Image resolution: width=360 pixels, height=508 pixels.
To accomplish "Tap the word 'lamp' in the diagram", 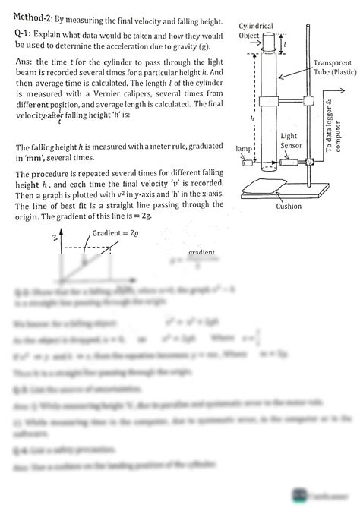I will point(244,149).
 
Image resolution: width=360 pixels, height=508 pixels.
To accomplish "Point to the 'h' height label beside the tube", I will point(251,118).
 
